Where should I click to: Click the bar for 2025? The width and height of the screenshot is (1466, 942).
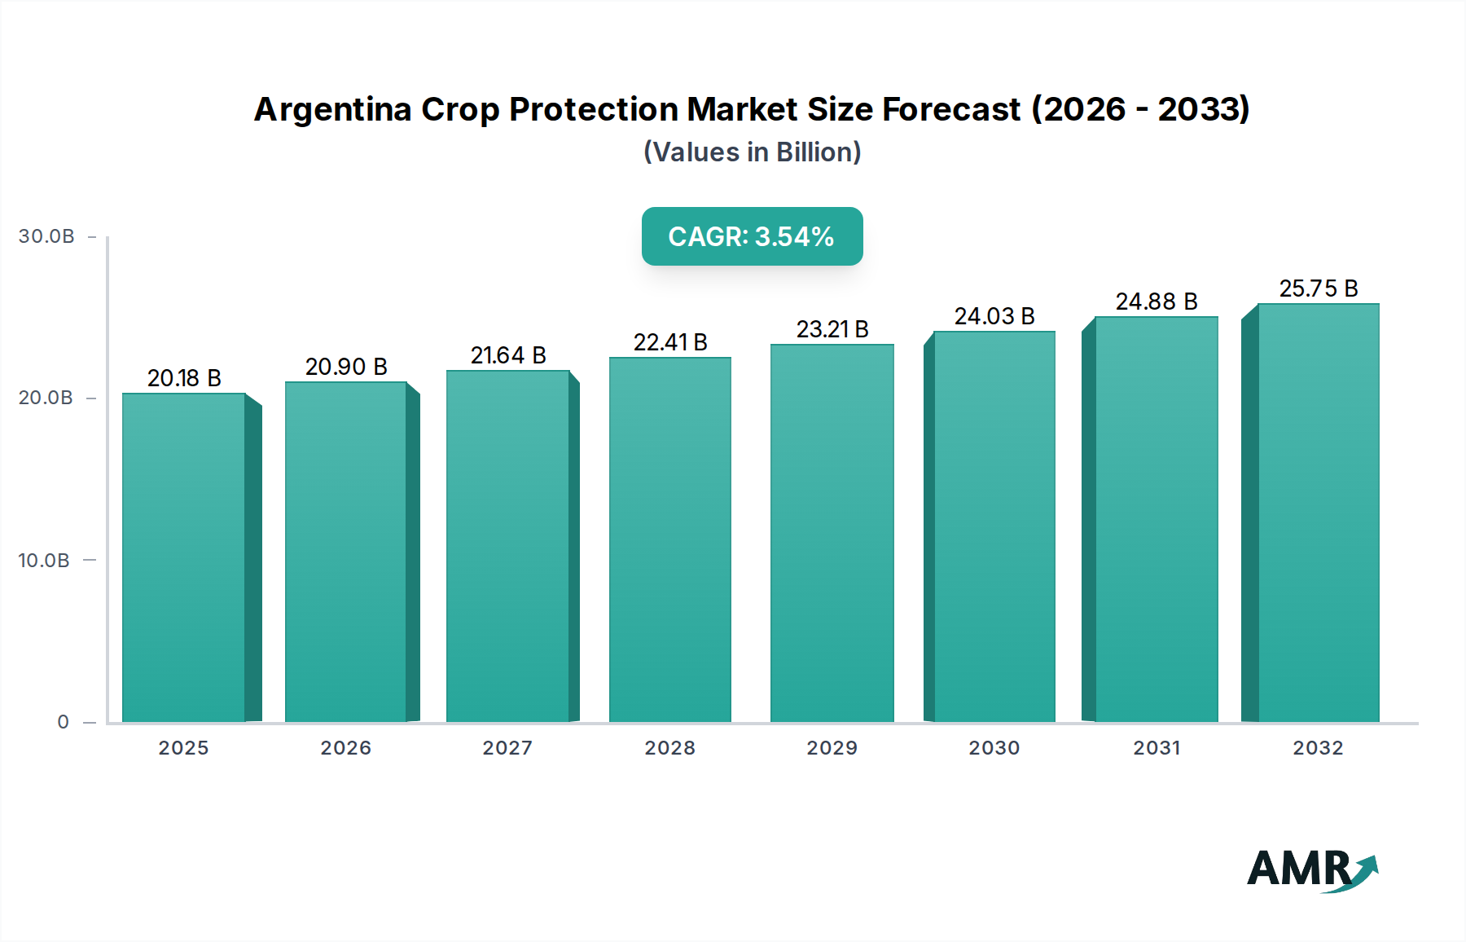pos(184,557)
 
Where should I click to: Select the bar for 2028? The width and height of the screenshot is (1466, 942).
pos(669,539)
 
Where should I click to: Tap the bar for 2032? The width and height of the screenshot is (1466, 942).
pos(1318,513)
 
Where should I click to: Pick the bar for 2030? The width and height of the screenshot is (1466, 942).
pos(994,526)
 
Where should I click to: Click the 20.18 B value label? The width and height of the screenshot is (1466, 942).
pos(184,378)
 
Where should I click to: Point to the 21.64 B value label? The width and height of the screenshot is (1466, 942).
pos(508,355)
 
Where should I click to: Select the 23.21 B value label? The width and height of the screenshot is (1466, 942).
pos(832,329)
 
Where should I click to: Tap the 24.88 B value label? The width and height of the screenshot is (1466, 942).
pos(1157,302)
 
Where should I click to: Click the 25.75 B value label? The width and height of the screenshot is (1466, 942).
pos(1319,288)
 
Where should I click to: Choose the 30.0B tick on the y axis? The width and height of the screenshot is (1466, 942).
pos(46,236)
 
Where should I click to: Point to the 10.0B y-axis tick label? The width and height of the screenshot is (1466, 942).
pos(44,561)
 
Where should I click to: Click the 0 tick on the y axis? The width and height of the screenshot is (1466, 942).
pos(64,722)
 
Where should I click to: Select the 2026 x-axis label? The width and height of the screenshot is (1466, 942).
pos(345,748)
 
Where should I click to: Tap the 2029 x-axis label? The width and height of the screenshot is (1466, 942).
pos(832,748)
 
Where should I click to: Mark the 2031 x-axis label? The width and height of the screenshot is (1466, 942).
pos(1157,748)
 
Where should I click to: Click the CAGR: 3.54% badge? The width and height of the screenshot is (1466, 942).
pos(752,236)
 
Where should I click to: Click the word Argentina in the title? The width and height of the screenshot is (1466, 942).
pos(332,109)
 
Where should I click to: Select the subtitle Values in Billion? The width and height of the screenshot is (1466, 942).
pos(752,152)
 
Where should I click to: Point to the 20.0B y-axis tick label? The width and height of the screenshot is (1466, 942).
pos(46,398)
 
